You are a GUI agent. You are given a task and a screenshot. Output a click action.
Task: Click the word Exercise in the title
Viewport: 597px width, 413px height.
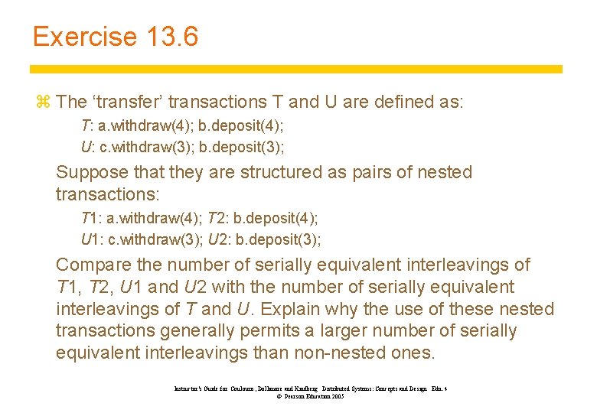[85, 36]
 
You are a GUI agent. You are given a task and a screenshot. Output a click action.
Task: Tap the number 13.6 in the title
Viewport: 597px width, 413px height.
[170, 36]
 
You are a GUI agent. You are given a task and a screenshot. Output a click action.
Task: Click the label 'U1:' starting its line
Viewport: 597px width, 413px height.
[91, 239]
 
